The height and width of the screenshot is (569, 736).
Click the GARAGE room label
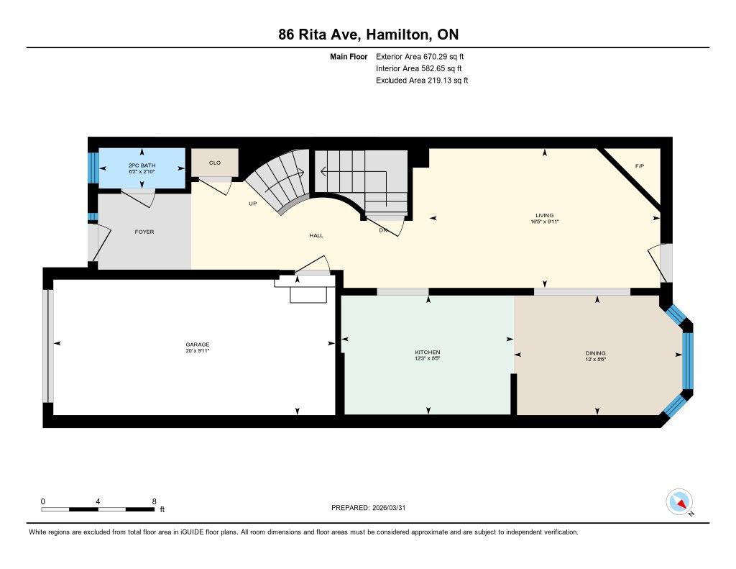click(x=197, y=345)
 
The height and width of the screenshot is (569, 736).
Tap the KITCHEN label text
click(x=428, y=352)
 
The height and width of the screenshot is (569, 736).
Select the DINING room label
click(x=595, y=353)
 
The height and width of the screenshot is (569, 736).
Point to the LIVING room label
click(x=545, y=215)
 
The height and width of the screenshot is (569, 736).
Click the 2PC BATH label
click(x=142, y=165)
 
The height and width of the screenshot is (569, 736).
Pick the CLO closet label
click(x=214, y=163)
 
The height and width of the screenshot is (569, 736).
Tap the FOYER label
click(x=144, y=232)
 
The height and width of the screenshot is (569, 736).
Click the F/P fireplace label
click(x=639, y=166)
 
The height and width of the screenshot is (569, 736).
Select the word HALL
click(x=316, y=235)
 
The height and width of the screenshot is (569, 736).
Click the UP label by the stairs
click(x=252, y=204)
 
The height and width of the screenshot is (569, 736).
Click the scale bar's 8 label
click(x=154, y=501)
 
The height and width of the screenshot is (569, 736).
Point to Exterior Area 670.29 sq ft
click(x=420, y=56)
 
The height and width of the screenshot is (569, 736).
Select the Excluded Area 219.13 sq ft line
click(x=421, y=81)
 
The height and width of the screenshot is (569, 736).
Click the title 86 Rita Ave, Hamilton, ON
click(x=369, y=35)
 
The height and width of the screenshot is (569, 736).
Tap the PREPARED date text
click(x=369, y=507)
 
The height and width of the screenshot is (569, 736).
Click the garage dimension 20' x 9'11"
click(x=197, y=350)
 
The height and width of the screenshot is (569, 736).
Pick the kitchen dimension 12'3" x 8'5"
click(x=428, y=358)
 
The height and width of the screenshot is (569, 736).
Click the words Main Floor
click(x=349, y=56)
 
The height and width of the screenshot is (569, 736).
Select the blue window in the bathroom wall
click(x=93, y=168)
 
